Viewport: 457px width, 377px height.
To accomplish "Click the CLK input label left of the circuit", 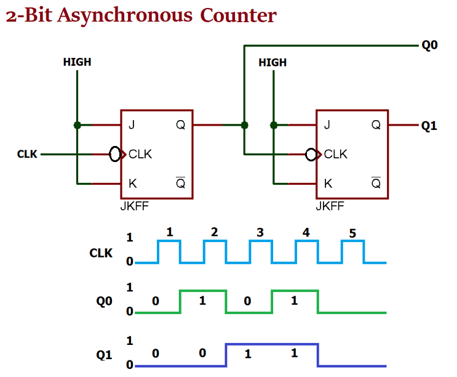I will tap(28, 154).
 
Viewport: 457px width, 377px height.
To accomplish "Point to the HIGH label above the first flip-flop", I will tap(77, 62).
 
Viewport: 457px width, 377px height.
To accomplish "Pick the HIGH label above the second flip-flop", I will tap(272, 62).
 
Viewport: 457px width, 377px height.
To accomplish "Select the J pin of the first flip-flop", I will tap(132, 125).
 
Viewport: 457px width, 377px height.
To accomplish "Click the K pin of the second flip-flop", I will tap(328, 184).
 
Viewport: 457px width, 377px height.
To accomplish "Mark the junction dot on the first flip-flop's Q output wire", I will tap(244, 125).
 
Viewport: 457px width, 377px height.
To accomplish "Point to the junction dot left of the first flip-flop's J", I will tap(77, 125).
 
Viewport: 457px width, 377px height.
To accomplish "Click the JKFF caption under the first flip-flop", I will tap(134, 206).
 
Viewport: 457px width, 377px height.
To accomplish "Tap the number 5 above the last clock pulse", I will tap(352, 234).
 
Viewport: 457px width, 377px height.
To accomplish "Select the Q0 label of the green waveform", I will tap(104, 302).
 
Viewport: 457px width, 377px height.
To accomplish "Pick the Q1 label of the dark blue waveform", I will tap(104, 355).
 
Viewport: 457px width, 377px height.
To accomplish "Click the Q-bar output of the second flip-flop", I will tap(376, 183).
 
